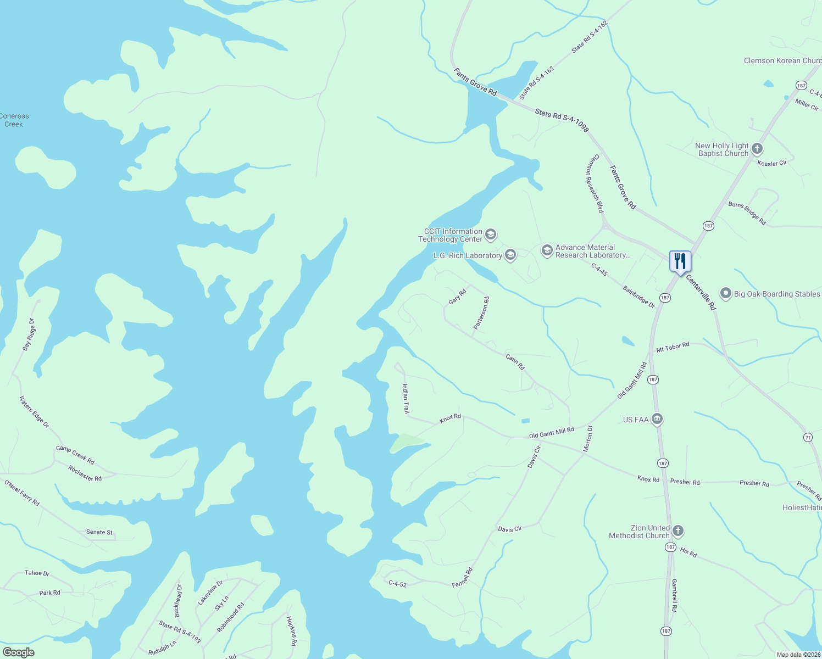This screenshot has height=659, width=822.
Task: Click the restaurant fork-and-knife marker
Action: pos(680,261)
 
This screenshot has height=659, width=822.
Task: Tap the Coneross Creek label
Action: pos(14,120)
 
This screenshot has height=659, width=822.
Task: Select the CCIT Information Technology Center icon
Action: pos(491,235)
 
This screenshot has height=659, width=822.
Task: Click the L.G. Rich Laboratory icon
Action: pos(510,255)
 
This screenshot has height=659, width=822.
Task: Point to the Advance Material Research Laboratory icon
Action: pos(547,251)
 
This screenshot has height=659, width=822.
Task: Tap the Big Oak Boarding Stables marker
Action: pos(726,294)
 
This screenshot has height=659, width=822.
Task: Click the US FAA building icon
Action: pos(657,420)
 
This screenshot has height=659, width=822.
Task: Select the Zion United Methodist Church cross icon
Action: pos(678,531)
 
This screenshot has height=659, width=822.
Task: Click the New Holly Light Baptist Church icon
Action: pos(757,149)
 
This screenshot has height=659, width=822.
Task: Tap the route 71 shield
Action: pos(808,437)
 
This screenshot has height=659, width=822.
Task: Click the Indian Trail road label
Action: pos(406,399)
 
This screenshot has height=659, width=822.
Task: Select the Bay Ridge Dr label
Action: pos(29,334)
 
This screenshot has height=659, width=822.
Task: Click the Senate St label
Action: pos(99,532)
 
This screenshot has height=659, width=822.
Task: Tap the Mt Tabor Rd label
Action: pos(673,348)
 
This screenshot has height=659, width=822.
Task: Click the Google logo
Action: pos(19,652)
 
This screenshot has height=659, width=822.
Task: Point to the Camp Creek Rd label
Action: pos(75,455)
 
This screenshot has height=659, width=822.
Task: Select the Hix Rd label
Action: pos(688,552)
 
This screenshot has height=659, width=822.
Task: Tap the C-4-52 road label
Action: pos(397,584)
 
